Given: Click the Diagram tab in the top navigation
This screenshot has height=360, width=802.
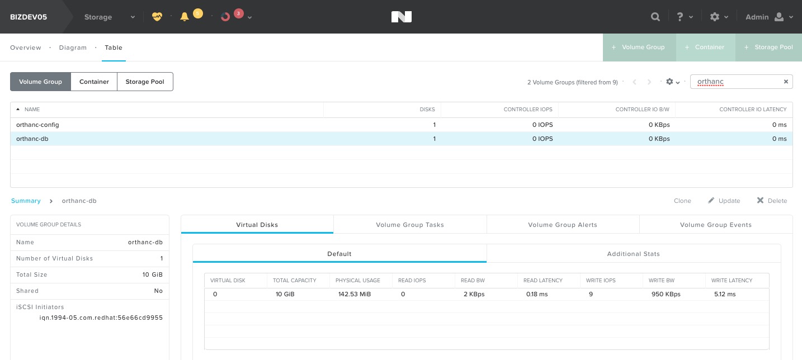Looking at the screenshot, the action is pos(73,48).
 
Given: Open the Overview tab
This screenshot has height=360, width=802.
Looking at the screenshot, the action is pos(25,48).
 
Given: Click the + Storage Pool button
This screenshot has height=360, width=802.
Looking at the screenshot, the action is pos(768,48).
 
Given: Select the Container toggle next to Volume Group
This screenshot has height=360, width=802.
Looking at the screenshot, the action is pos(94,82).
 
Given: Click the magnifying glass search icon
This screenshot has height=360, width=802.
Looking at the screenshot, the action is pos(655,17).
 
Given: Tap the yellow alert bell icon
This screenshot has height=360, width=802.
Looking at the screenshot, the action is pos(185,17).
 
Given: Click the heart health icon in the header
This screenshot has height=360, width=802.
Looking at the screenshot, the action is pos(157,17).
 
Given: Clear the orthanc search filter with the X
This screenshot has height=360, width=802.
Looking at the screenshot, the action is pos(786,82).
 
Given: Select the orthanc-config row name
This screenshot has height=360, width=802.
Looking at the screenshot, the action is pos(37,125).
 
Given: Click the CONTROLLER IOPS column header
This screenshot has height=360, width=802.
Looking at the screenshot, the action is pos(528,109).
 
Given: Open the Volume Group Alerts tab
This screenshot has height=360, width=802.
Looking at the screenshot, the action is pos(563,225).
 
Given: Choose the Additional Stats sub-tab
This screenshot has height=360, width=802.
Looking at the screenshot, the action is pos(633,254).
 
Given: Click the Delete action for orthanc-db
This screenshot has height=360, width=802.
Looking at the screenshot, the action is pos(772,201).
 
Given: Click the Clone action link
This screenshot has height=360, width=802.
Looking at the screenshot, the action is pos(682,201).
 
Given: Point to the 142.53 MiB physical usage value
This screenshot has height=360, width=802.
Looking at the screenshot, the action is pos(355,294).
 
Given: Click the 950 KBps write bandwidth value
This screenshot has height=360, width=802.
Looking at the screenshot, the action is pos(666,294).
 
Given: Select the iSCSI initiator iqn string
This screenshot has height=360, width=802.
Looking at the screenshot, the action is pos(101,318).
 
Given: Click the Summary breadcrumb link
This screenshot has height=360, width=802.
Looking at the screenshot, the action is pos(26,201).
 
